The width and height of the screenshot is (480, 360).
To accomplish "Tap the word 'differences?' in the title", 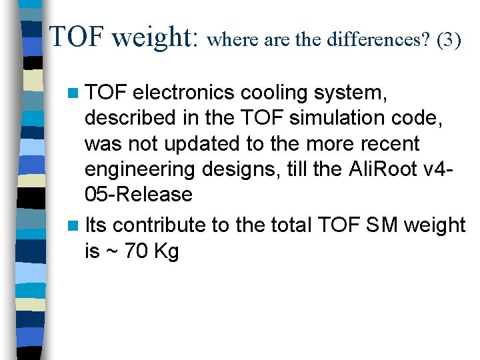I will click(377, 40).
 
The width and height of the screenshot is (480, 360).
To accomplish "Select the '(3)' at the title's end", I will click(449, 40).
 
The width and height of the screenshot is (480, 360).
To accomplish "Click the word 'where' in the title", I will click(231, 40).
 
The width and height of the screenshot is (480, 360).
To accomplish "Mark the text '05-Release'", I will click(138, 195).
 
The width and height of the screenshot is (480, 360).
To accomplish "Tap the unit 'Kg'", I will click(167, 252).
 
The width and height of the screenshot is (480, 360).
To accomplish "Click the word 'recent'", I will click(389, 143).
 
